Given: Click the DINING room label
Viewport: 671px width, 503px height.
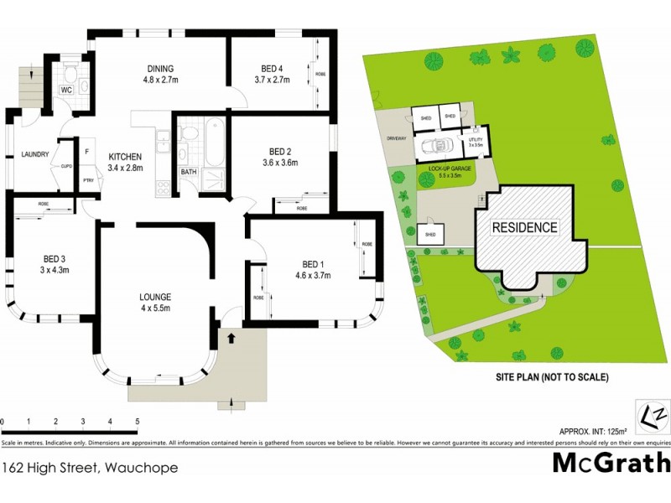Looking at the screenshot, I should pos(159,69).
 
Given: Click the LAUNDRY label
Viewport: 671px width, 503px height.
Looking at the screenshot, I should pos(34,154).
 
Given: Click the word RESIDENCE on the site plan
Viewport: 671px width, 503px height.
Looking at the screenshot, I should pos(524,227).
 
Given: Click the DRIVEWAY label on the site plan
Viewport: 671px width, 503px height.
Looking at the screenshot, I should pos(396,138).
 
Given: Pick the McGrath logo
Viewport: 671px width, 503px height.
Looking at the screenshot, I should pos(611,463).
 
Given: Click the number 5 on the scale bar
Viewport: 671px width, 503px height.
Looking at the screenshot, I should pos(136,421).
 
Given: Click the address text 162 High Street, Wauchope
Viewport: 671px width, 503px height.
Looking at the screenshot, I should pos(91,467).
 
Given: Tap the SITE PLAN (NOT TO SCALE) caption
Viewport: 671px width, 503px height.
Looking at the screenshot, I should pos(551,378).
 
